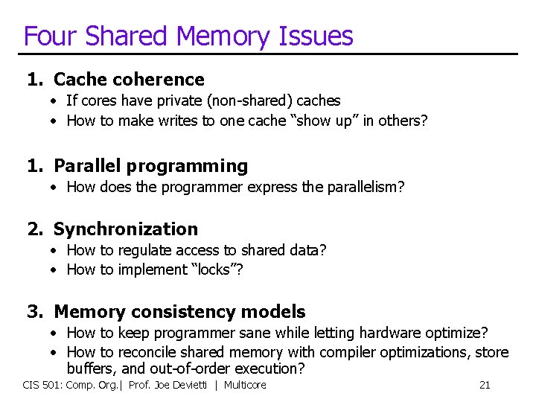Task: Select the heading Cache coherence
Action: [129, 80]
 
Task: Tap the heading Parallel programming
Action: [150, 166]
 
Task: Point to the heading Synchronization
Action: [126, 229]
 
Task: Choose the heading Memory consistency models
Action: [179, 312]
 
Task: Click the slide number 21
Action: [485, 385]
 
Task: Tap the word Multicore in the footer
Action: [245, 385]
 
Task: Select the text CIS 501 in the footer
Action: [40, 385]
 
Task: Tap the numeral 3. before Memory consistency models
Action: [34, 312]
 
